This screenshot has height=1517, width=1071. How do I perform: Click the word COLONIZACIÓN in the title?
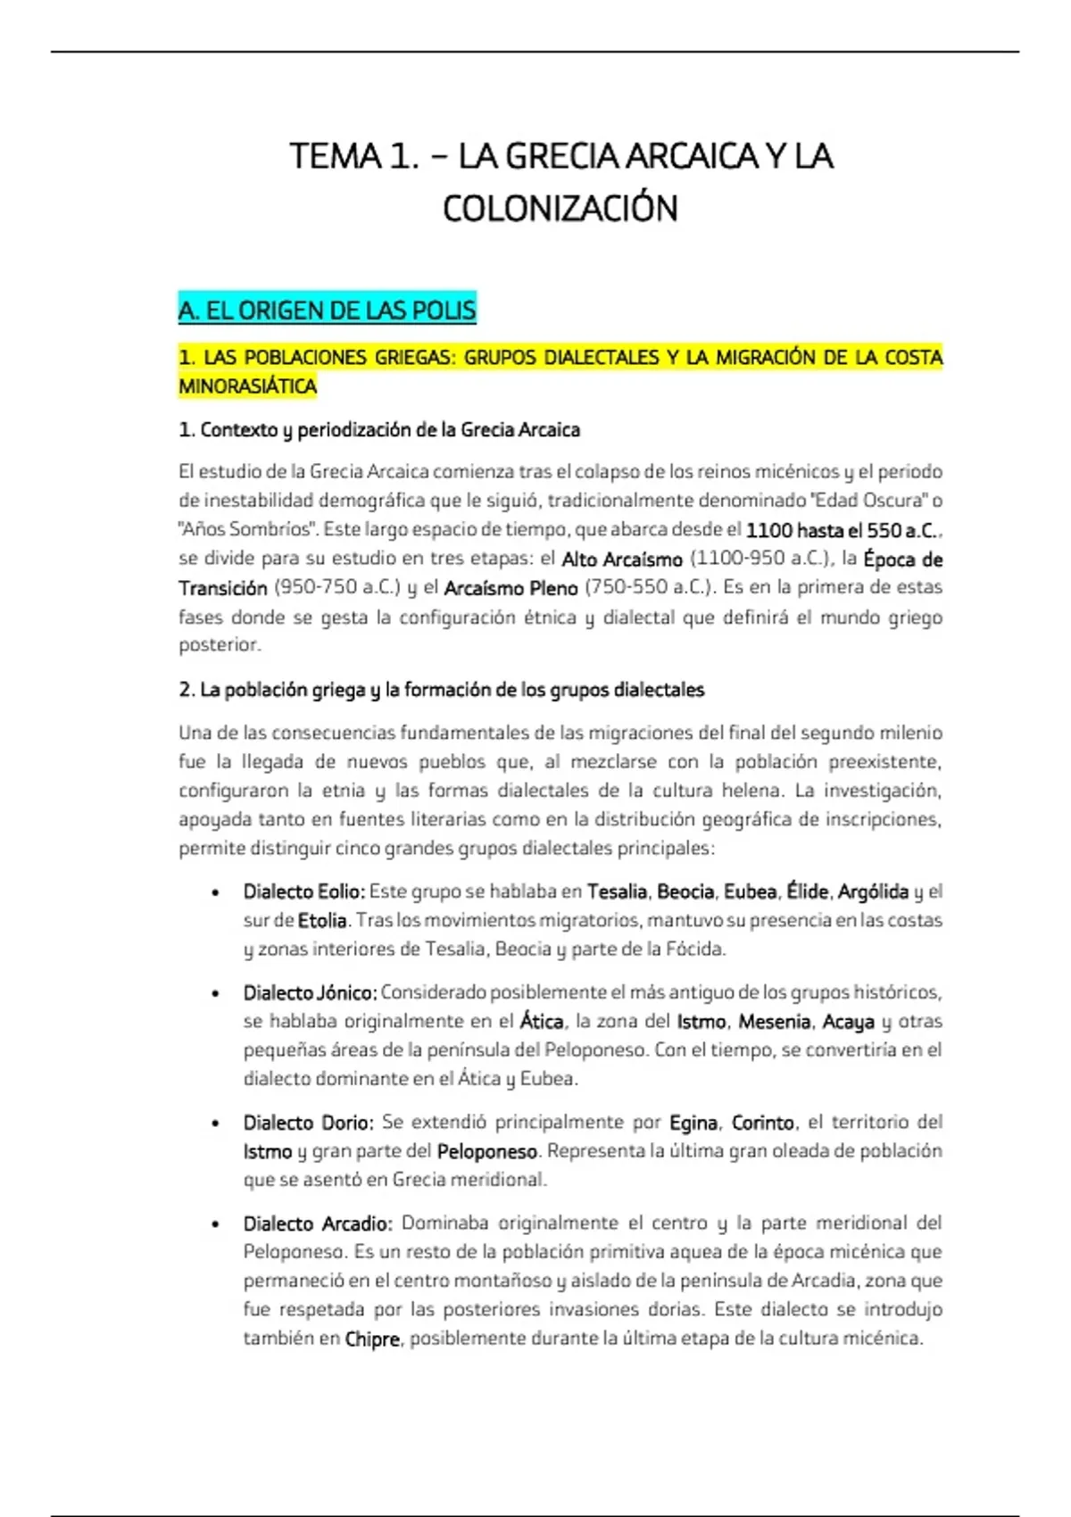tap(560, 209)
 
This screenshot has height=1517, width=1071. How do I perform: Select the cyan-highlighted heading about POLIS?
tap(327, 311)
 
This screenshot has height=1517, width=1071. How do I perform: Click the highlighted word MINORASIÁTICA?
tap(248, 386)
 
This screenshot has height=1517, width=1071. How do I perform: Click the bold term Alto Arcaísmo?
tap(622, 560)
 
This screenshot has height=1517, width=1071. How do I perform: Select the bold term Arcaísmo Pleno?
tap(511, 588)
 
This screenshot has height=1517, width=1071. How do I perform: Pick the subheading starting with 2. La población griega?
tap(441, 690)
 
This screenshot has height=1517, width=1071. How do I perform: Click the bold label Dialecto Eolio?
tap(303, 891)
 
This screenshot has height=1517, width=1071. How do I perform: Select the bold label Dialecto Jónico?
tap(310, 992)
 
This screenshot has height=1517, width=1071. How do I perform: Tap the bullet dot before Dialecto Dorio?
tap(214, 1123)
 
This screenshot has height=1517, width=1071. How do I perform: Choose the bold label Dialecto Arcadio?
tap(317, 1223)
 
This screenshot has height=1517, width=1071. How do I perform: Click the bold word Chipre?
tap(371, 1339)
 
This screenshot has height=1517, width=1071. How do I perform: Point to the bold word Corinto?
tap(763, 1123)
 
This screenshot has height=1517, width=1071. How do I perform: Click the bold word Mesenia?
tap(775, 1022)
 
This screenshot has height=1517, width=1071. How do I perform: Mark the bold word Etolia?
tap(322, 920)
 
